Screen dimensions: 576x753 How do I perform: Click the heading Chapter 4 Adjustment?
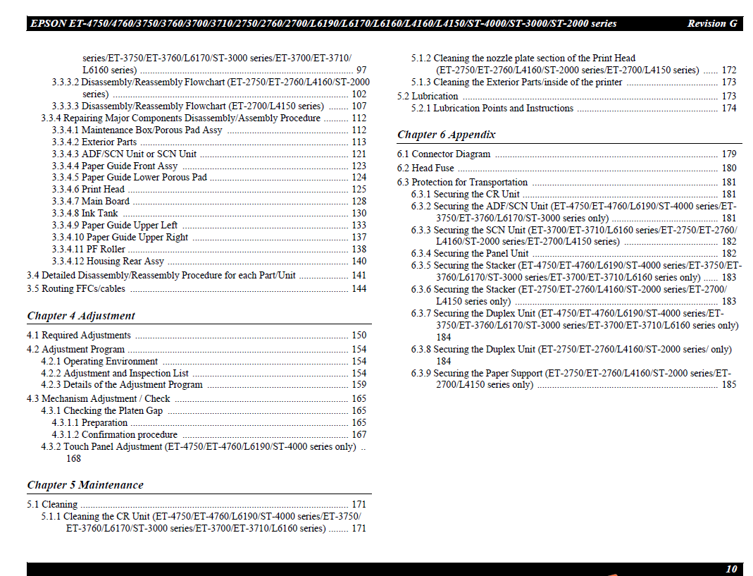point(81,316)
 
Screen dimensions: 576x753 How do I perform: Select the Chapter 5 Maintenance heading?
point(85,485)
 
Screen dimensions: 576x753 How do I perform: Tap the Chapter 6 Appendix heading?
point(446,135)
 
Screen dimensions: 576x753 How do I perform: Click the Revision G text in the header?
point(712,24)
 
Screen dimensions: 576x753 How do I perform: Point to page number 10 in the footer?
point(731,569)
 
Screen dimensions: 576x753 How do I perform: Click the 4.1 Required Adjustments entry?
point(79,336)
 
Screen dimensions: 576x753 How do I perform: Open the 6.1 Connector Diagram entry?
point(444,154)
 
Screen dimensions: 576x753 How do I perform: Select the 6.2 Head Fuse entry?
point(425,168)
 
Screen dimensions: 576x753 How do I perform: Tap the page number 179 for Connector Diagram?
point(729,154)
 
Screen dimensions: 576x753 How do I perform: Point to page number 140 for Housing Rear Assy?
point(359,261)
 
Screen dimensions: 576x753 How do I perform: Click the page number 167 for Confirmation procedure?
point(359,435)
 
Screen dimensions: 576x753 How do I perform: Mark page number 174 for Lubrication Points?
point(729,109)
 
